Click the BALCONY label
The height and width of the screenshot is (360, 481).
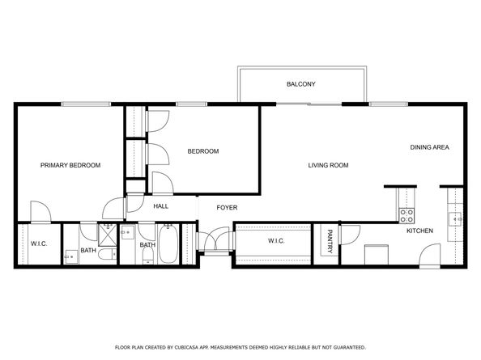click(x=300, y=84)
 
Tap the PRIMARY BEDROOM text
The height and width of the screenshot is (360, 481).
click(x=70, y=165)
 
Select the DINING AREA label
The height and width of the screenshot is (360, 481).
click(x=429, y=147)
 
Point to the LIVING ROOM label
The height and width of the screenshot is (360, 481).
click(x=328, y=165)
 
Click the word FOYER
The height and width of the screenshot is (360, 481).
click(x=227, y=207)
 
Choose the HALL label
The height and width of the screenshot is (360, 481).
click(x=160, y=206)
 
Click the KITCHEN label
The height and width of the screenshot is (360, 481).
click(x=419, y=231)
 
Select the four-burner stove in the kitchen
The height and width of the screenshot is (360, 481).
click(x=407, y=214)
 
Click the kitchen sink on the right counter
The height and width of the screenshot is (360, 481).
click(x=457, y=218)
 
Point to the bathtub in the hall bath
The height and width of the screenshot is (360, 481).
click(x=168, y=245)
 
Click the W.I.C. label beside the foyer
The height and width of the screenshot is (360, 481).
click(x=278, y=241)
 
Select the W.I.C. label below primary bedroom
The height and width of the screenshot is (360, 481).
click(x=39, y=244)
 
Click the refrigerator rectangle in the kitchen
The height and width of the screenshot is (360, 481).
click(x=374, y=254)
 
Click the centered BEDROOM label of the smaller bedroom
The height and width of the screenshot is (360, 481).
click(x=203, y=151)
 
